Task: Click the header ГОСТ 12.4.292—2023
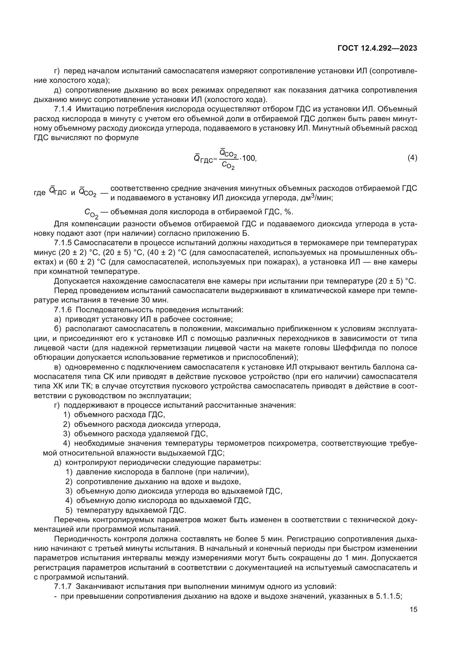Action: pos(377,48)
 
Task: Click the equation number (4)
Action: pos(412,158)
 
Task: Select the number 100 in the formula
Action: pos(249,158)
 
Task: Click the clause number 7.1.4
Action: pos(63,109)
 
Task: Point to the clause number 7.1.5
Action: pos(63,243)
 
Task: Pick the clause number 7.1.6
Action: pos(63,310)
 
